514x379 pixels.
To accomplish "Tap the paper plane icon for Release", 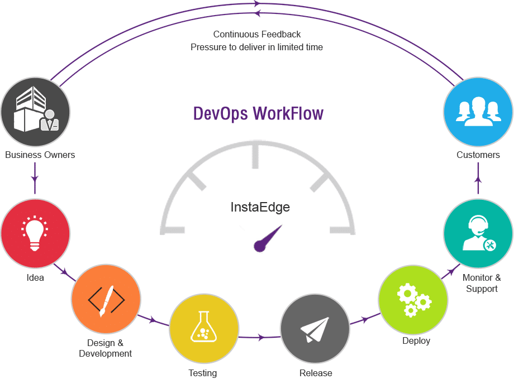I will click(x=314, y=330).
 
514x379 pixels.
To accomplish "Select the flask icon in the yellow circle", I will click(x=203, y=328).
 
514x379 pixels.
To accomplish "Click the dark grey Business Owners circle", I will click(x=35, y=111).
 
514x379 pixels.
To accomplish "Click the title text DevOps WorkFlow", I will click(x=258, y=113).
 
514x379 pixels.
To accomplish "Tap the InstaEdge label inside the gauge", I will click(x=260, y=208).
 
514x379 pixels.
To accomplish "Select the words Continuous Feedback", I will click(x=257, y=35).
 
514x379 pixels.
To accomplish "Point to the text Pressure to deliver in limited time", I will click(x=256, y=47).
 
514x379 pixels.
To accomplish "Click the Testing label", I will click(x=203, y=372).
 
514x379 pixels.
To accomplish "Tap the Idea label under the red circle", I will click(x=35, y=277).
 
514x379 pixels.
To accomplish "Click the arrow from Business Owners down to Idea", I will click(x=35, y=180).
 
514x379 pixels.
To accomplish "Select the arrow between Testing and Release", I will click(x=260, y=337).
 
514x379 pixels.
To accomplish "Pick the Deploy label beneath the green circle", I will click(x=416, y=340).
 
